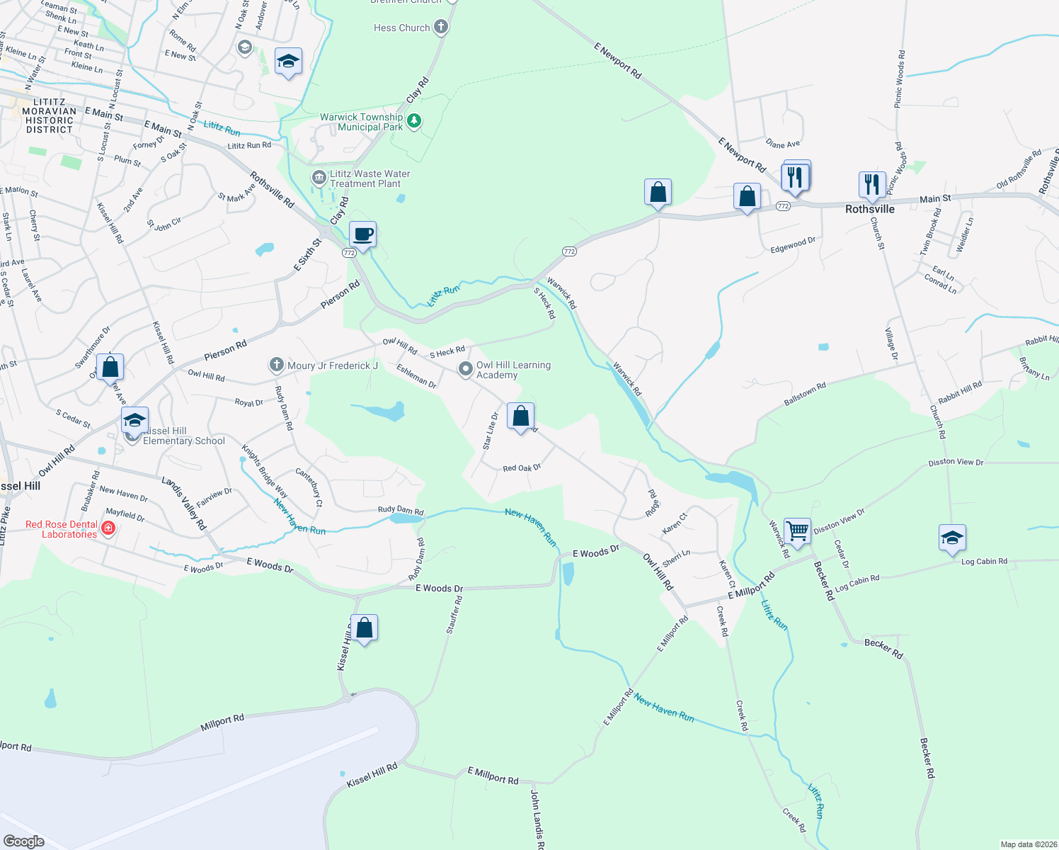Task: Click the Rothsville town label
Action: pyautogui.click(x=869, y=209)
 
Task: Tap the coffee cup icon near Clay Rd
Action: pyautogui.click(x=363, y=234)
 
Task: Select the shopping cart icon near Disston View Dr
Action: pyautogui.click(x=798, y=531)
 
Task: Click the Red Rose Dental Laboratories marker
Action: pyautogui.click(x=108, y=528)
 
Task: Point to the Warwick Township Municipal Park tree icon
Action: pyautogui.click(x=414, y=121)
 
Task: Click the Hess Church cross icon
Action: pyautogui.click(x=441, y=28)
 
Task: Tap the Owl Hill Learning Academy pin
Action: pyautogui.click(x=465, y=368)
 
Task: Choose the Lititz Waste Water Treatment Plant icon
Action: pyautogui.click(x=318, y=176)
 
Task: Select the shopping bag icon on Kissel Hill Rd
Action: pyautogui.click(x=365, y=628)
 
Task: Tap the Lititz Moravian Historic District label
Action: pyautogui.click(x=50, y=116)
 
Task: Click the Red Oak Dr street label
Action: pyautogui.click(x=522, y=468)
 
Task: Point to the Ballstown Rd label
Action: pyautogui.click(x=805, y=395)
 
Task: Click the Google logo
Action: pyautogui.click(x=24, y=841)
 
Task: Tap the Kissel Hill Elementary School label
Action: pyautogui.click(x=183, y=436)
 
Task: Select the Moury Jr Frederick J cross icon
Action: pyautogui.click(x=276, y=365)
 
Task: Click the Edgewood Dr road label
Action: pyautogui.click(x=793, y=245)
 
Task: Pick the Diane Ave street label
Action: pyautogui.click(x=783, y=144)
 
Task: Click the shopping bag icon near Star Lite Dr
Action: pyautogui.click(x=521, y=416)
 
